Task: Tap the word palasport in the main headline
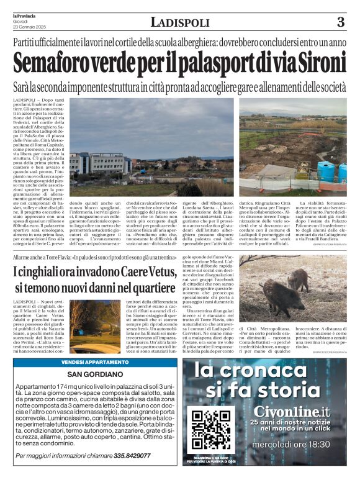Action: [209, 63]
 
